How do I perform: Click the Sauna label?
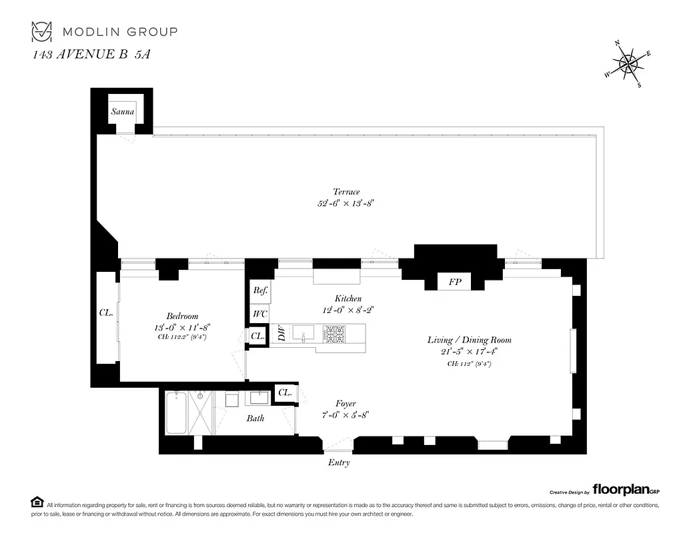[123, 111]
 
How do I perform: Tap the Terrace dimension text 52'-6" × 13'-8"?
[346, 204]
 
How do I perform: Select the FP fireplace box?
[455, 282]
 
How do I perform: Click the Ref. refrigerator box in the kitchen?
[259, 291]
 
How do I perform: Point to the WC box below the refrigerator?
[259, 313]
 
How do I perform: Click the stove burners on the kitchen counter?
[335, 333]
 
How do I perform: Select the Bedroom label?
[182, 316]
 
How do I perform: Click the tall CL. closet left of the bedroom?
[105, 312]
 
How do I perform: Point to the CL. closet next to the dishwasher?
[257, 337]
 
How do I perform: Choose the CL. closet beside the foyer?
[284, 393]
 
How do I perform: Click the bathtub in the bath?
[176, 413]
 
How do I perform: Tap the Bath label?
[255, 418]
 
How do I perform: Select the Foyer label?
[345, 404]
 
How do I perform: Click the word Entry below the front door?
[338, 462]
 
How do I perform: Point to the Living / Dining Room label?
[470, 340]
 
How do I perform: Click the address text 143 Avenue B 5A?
[92, 55]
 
